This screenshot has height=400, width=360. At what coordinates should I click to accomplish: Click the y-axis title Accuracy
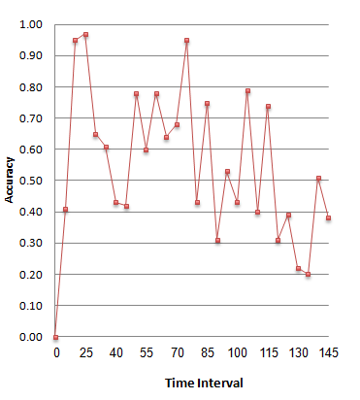pos(10,181)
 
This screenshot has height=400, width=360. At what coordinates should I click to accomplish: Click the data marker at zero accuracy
pos(55,337)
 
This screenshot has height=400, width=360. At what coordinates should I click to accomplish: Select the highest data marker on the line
pos(85,35)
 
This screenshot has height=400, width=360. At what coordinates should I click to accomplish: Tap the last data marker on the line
pos(329,217)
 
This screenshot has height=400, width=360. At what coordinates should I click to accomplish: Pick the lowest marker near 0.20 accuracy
pos(309,275)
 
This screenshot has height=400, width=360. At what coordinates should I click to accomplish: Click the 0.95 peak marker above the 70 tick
pos(186,41)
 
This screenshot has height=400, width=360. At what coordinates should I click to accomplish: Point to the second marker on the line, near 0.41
pos(65,210)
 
